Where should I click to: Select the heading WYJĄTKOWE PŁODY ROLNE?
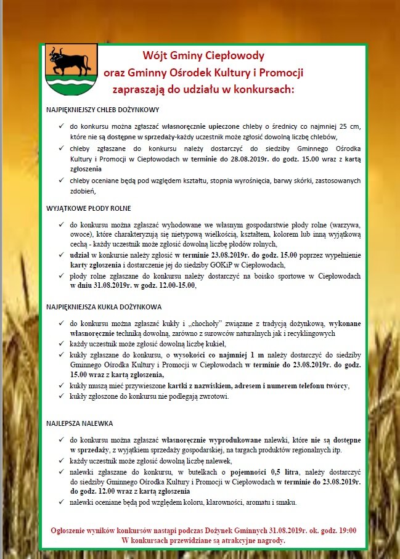[88, 208]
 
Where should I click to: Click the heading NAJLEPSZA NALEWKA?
[80, 424]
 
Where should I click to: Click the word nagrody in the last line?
[270, 541]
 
